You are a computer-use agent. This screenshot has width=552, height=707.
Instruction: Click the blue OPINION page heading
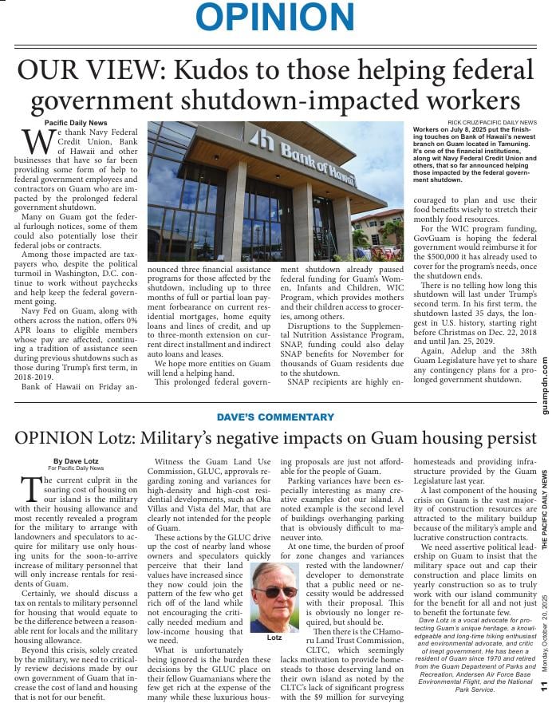(x=275, y=18)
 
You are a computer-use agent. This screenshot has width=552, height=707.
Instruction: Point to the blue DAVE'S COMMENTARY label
(x=275, y=417)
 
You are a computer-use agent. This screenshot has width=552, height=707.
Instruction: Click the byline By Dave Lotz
(x=77, y=461)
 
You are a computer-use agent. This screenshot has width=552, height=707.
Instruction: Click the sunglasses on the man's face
(x=275, y=591)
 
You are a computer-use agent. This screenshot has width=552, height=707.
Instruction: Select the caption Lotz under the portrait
(x=275, y=638)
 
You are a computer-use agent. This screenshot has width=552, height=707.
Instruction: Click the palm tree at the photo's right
(x=392, y=231)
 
